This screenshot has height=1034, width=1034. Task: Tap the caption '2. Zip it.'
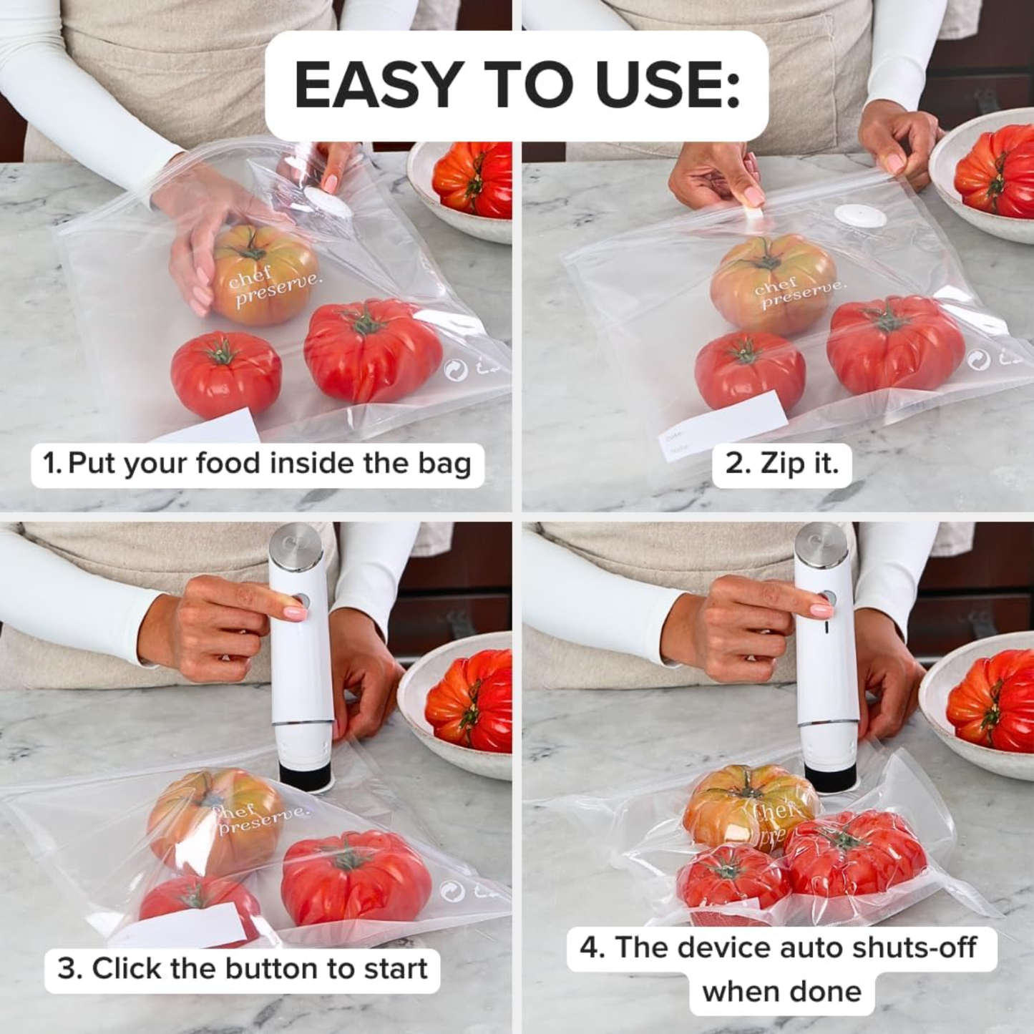[781, 464]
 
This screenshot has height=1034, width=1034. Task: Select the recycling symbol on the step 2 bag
[979, 360]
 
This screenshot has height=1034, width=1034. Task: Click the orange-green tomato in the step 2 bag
[773, 283]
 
